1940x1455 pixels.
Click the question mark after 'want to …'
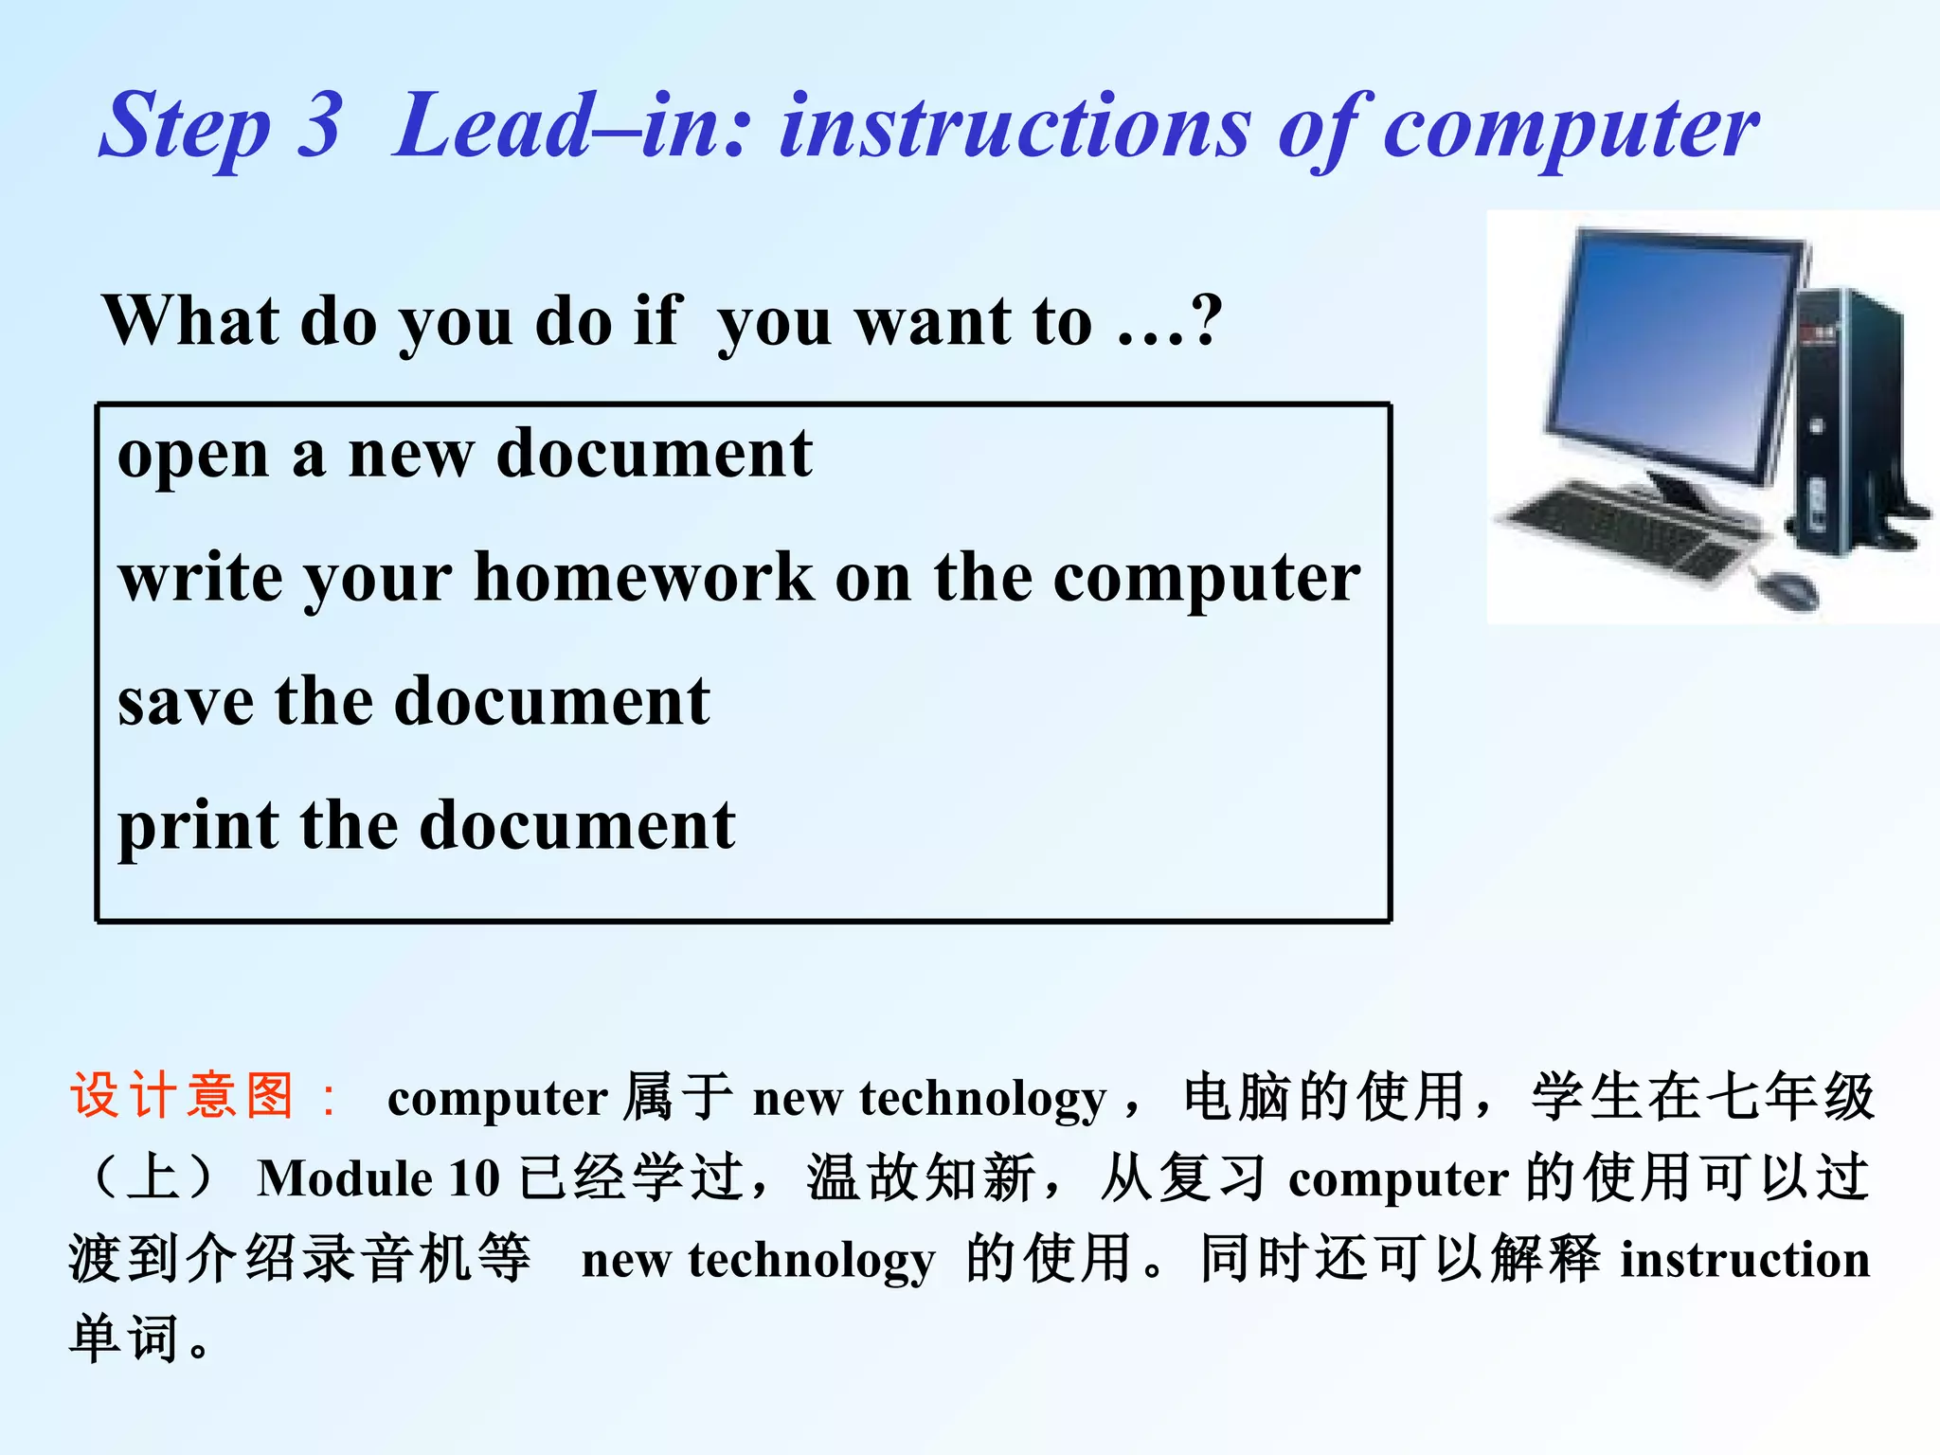1207,320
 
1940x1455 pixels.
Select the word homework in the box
644,577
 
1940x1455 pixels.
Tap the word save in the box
186,701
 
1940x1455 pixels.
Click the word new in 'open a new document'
411,455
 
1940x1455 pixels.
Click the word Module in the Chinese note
345,1179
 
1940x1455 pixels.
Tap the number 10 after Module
474,1179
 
